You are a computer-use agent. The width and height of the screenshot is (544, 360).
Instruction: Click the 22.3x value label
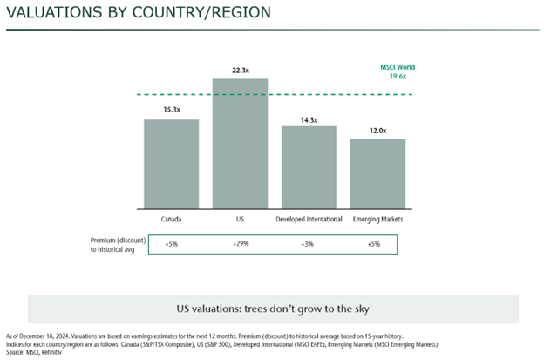240,68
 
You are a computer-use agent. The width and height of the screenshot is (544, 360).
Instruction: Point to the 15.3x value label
171,110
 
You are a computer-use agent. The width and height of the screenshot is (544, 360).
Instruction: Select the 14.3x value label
309,117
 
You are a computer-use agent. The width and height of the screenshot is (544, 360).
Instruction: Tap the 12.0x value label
377,130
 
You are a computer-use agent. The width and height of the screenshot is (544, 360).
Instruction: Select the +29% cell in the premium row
241,244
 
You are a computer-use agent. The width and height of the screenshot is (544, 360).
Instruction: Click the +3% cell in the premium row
309,244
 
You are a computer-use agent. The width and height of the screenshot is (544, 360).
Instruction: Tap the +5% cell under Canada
171,244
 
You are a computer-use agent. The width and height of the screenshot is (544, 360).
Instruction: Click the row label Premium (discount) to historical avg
114,244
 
